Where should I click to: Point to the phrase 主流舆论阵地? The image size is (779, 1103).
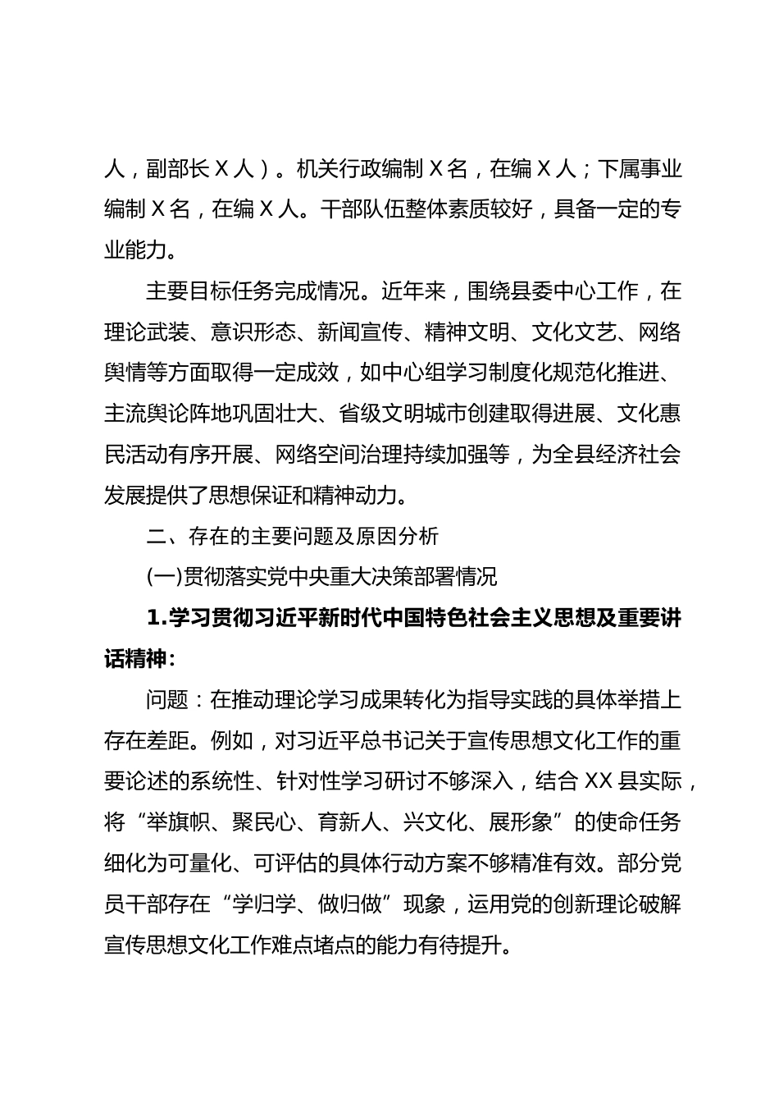pyautogui.click(x=168, y=413)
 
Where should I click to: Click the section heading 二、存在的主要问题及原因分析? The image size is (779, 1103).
pyautogui.click(x=293, y=536)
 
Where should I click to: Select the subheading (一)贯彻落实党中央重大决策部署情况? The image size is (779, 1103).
pyautogui.click(x=321, y=577)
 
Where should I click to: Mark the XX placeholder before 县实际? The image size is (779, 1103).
pyautogui.click(x=607, y=782)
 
